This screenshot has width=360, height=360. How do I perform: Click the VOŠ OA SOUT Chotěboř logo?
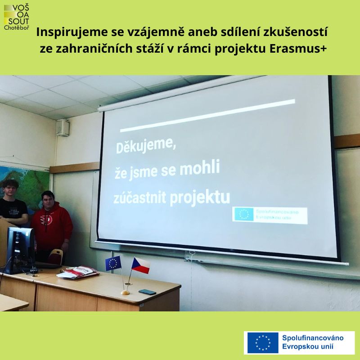(17, 18)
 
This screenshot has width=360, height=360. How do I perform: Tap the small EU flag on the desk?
(113, 263)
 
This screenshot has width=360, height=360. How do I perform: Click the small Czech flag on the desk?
(140, 265)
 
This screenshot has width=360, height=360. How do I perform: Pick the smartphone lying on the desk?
(147, 292)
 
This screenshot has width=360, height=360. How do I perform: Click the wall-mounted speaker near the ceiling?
(63, 128)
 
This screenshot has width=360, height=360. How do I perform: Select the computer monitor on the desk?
(21, 248)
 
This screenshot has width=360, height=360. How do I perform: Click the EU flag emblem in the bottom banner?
(263, 343)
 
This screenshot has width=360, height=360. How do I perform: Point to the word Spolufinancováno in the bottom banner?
(313, 338)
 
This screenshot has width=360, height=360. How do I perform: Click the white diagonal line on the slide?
(207, 116)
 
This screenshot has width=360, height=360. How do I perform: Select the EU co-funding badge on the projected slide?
(270, 215)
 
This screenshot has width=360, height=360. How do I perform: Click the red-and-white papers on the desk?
(78, 272)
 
